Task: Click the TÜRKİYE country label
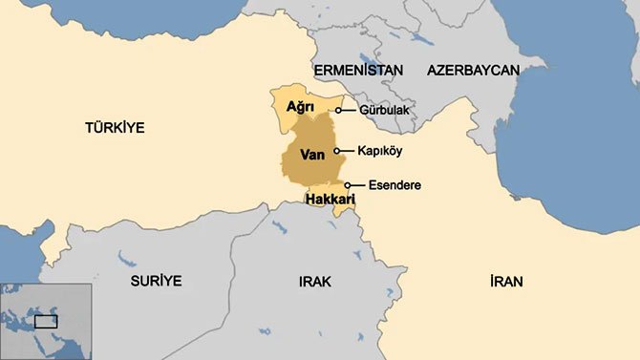(114, 127)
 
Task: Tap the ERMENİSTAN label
(358, 71)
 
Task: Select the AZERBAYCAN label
(473, 71)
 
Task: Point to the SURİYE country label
(156, 281)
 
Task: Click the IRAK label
(313, 281)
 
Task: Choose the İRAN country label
(507, 281)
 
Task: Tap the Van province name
(312, 154)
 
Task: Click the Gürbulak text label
(386, 111)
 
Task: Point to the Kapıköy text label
(382, 151)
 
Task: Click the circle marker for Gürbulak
(338, 111)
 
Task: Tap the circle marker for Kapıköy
(336, 151)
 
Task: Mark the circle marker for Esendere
(348, 185)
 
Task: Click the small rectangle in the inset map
(46, 322)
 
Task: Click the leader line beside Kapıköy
(346, 151)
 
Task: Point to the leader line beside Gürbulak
(349, 111)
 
